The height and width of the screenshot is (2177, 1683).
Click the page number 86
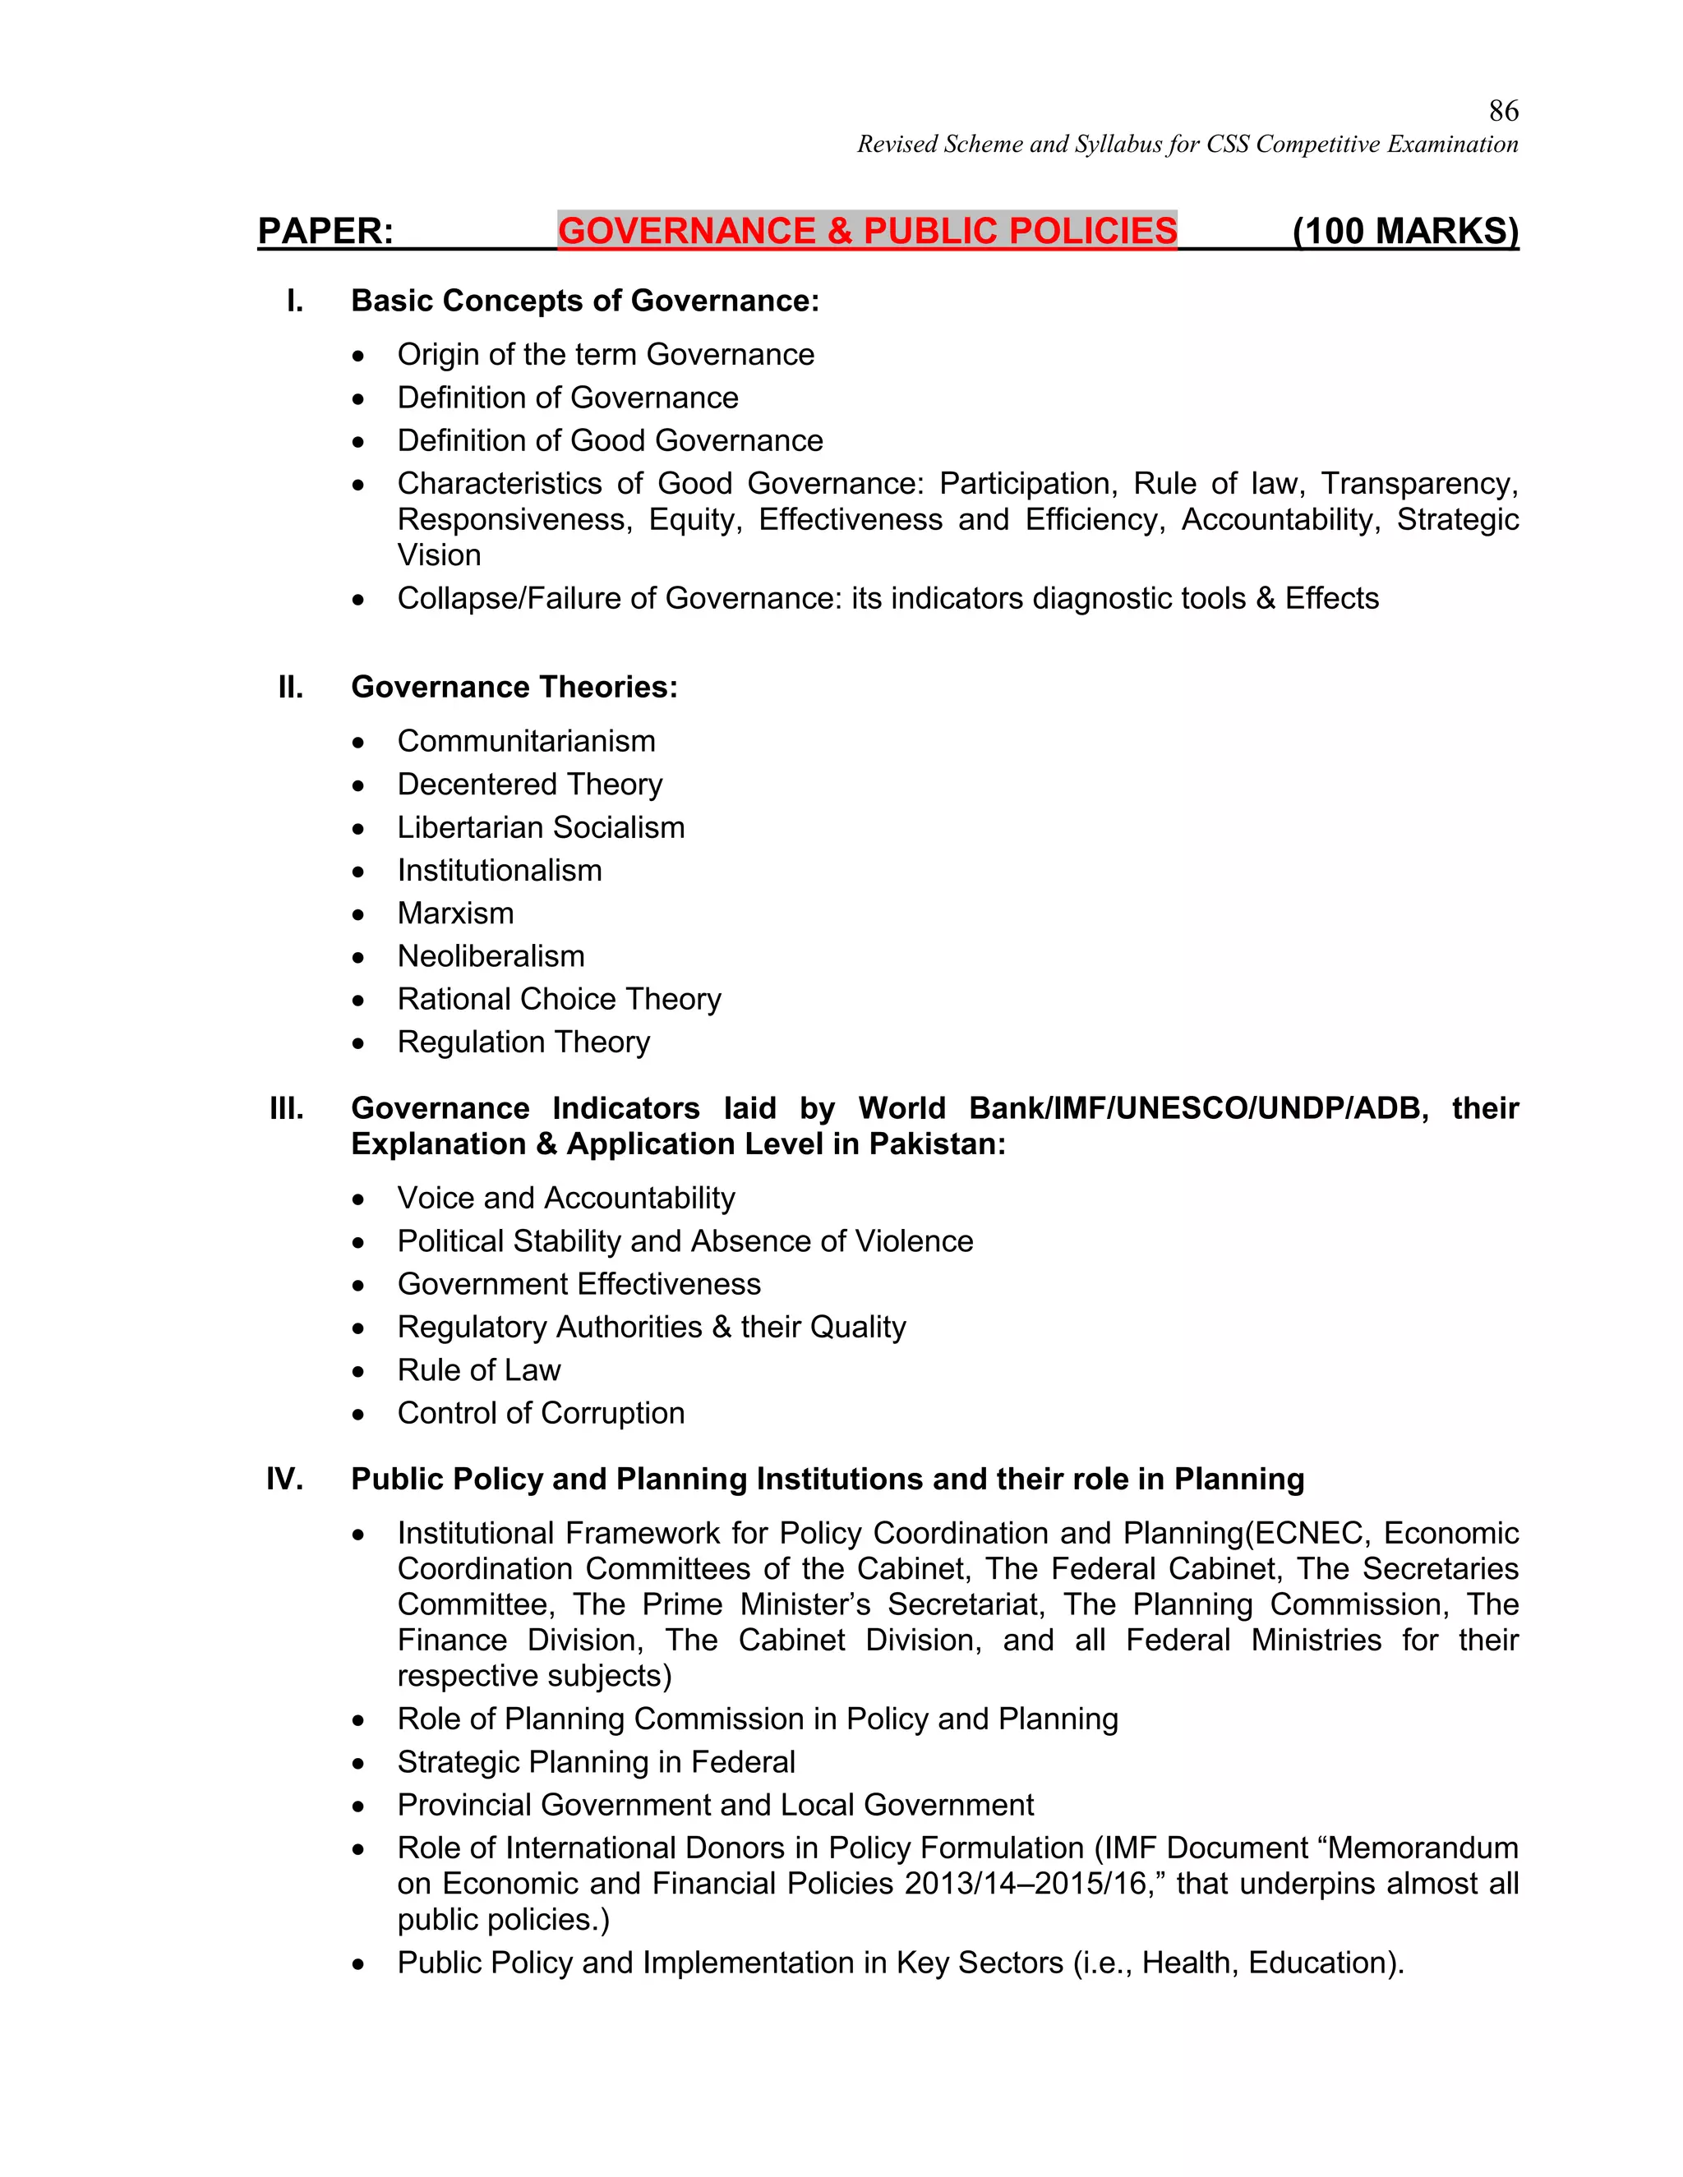[1502, 111]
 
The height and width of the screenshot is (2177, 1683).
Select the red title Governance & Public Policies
[866, 230]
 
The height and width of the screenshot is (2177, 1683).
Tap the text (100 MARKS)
[1404, 230]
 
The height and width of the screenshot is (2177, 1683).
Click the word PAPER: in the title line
[325, 230]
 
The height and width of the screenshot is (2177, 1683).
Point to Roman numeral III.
[287, 1107]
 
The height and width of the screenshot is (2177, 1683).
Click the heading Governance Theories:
[514, 687]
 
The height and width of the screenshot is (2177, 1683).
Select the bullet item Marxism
[455, 913]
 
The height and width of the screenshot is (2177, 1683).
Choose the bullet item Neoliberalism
[491, 956]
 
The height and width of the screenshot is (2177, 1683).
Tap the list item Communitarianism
[525, 741]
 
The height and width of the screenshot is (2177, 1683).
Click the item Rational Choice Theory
[558, 999]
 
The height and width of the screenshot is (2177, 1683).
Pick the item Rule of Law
[478, 1369]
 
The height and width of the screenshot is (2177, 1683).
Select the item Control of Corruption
[541, 1412]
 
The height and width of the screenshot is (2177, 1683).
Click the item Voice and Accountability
[565, 1197]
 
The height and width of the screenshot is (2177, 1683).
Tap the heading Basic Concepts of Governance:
[584, 300]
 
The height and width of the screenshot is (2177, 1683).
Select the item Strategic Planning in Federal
[595, 1761]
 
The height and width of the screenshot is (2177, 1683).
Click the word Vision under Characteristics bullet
[439, 555]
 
